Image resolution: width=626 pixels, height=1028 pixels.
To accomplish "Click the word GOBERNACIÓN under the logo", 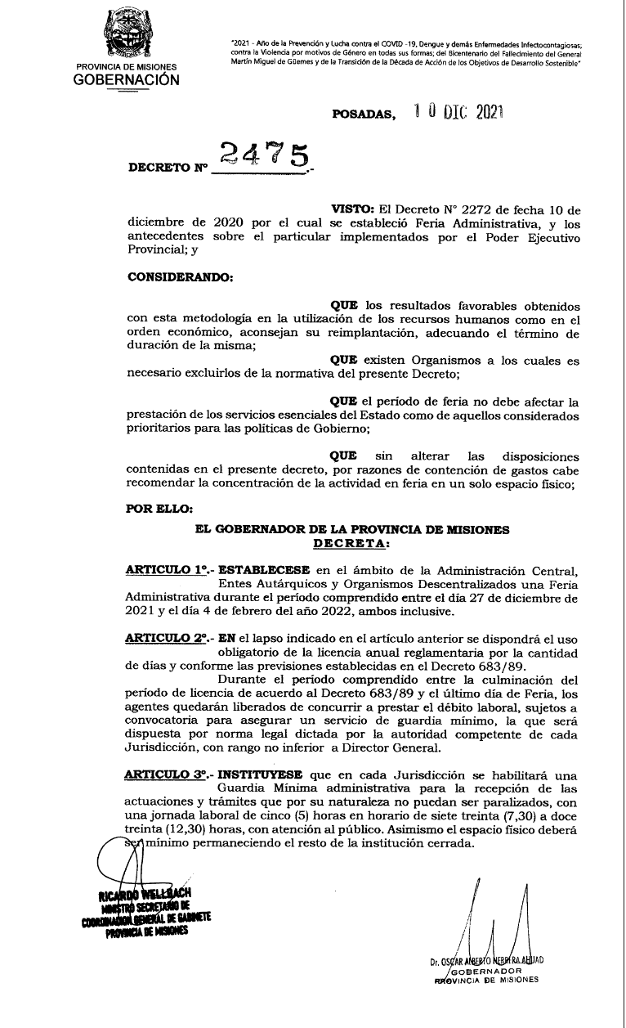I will (x=126, y=80).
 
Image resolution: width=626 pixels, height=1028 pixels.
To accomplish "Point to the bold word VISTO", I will (x=350, y=211).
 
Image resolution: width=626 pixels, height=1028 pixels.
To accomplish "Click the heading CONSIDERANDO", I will (x=181, y=276).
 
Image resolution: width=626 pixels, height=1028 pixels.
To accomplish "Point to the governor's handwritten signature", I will (x=499, y=920).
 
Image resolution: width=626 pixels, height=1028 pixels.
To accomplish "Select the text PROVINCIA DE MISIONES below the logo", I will (x=126, y=67).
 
